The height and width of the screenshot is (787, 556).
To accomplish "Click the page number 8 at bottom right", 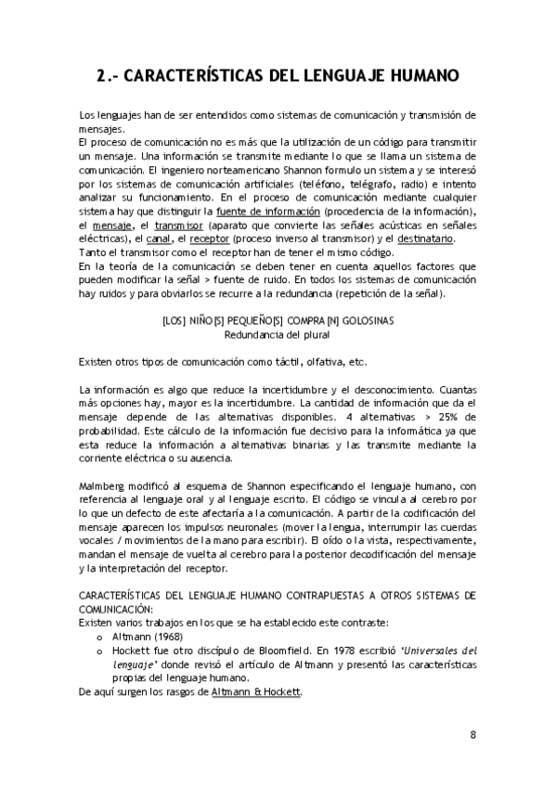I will point(472,735).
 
